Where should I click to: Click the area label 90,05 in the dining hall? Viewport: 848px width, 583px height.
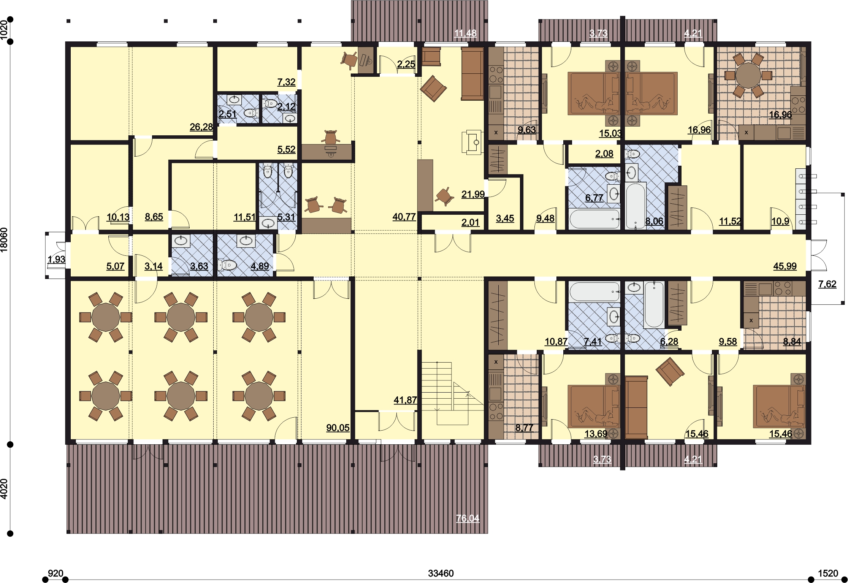coord(338,428)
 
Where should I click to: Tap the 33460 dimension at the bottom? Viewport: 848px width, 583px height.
coord(441,573)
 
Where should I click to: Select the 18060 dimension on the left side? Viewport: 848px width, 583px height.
coord(4,240)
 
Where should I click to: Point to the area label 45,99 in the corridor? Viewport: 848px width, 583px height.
coord(785,266)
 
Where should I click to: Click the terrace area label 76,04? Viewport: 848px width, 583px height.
coord(468,518)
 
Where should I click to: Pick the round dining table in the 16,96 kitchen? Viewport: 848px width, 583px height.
coord(748,75)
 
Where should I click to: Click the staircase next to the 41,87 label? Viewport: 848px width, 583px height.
coord(452,393)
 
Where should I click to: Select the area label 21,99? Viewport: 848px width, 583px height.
coord(473,194)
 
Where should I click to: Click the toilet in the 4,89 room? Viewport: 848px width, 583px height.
coord(228,265)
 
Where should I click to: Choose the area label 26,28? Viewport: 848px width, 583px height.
coord(201,127)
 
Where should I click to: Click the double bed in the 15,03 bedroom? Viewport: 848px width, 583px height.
coord(593,93)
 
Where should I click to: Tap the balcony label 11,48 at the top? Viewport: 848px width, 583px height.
coord(465,33)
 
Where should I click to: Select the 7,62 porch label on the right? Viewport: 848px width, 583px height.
coord(827,284)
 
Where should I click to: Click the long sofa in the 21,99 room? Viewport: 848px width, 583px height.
coord(472,74)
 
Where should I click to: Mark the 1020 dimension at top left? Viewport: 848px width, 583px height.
coord(4,30)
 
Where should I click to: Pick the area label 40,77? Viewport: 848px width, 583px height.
coord(404,217)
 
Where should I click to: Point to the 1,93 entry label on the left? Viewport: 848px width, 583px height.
coord(56,259)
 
